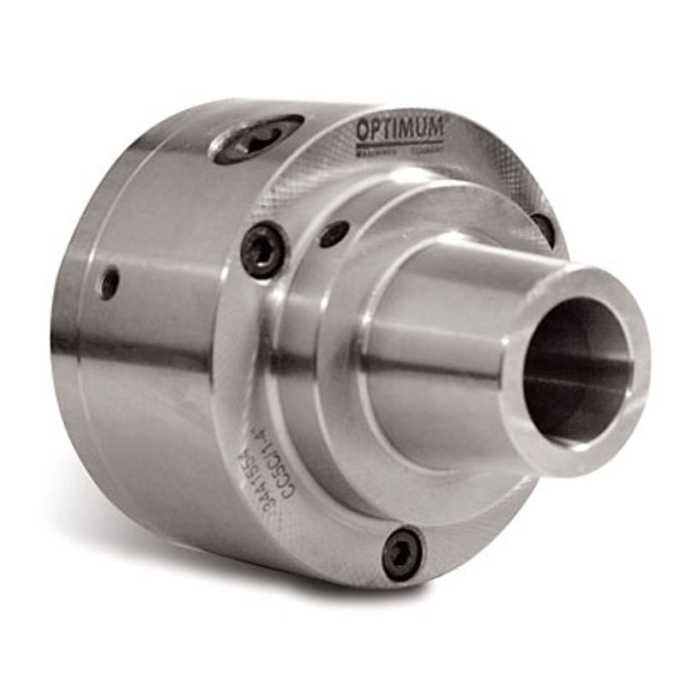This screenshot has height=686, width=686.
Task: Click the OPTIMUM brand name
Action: pyautogui.click(x=400, y=129)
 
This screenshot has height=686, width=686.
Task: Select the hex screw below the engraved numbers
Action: pyautogui.click(x=401, y=551)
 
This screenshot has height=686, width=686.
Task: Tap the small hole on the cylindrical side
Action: pyautogui.click(x=109, y=283)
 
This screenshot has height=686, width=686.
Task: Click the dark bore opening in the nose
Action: pyautogui.click(x=577, y=369)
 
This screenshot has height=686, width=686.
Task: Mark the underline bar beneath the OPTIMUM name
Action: pyautogui.click(x=400, y=142)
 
